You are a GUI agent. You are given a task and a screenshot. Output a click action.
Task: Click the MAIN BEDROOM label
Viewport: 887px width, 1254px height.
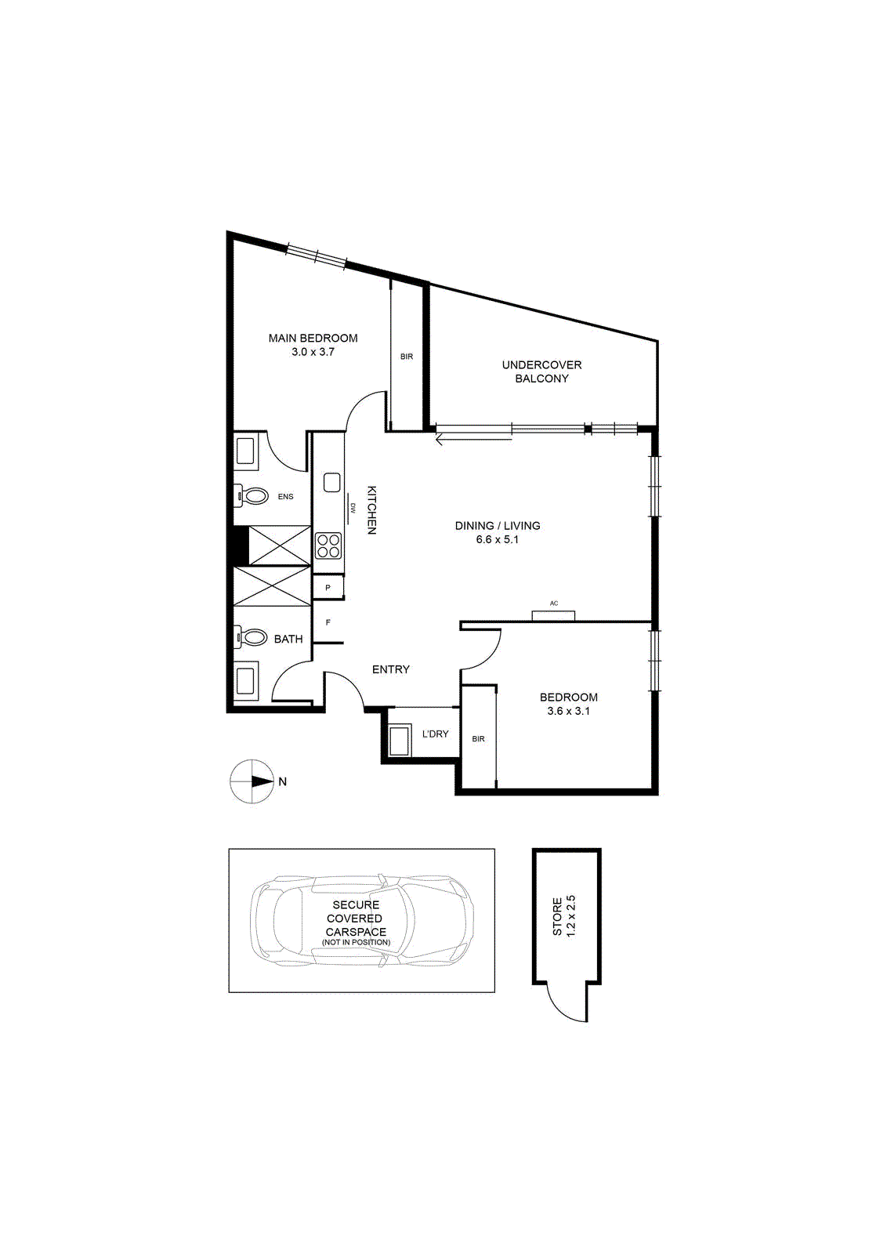point(313,338)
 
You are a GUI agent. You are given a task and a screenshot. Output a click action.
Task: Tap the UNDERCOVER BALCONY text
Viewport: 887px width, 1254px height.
point(541,371)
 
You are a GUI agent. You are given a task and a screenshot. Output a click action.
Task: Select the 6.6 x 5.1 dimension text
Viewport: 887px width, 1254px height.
point(498,540)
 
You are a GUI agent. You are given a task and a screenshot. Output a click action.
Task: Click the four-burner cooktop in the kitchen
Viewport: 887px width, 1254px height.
point(328,545)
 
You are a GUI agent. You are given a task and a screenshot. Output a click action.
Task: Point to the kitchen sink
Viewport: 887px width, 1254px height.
point(332,483)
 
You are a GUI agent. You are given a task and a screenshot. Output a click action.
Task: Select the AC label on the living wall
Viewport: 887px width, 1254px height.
point(554,603)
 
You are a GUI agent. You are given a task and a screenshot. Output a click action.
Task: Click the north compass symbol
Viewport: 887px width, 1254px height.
point(252,781)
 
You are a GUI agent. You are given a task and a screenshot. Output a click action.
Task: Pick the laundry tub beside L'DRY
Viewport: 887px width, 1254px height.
point(400,741)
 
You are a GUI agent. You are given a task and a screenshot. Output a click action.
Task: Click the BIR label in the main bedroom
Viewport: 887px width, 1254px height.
point(407,357)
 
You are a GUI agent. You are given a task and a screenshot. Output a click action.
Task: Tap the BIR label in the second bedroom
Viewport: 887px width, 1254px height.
point(479,739)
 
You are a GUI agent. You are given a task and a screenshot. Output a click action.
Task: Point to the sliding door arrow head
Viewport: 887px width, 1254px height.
point(440,440)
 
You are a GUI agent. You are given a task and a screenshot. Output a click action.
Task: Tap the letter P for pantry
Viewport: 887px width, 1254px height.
point(328,588)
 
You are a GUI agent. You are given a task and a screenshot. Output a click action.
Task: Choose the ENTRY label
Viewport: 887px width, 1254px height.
point(391,669)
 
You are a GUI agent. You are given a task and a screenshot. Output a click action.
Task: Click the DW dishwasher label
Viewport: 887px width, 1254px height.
point(353,508)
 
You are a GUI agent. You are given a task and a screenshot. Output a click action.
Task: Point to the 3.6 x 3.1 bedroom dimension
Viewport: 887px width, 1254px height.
point(569,711)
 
